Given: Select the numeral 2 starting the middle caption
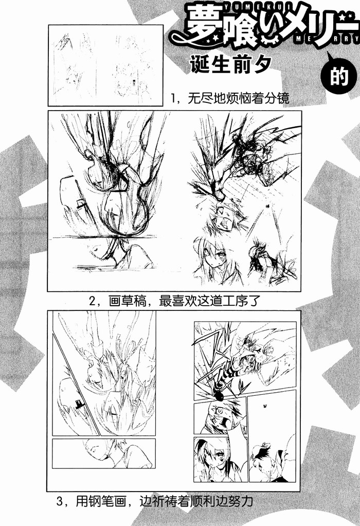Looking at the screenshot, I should click(92, 301).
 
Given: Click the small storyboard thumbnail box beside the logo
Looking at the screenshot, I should click(105, 66).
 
